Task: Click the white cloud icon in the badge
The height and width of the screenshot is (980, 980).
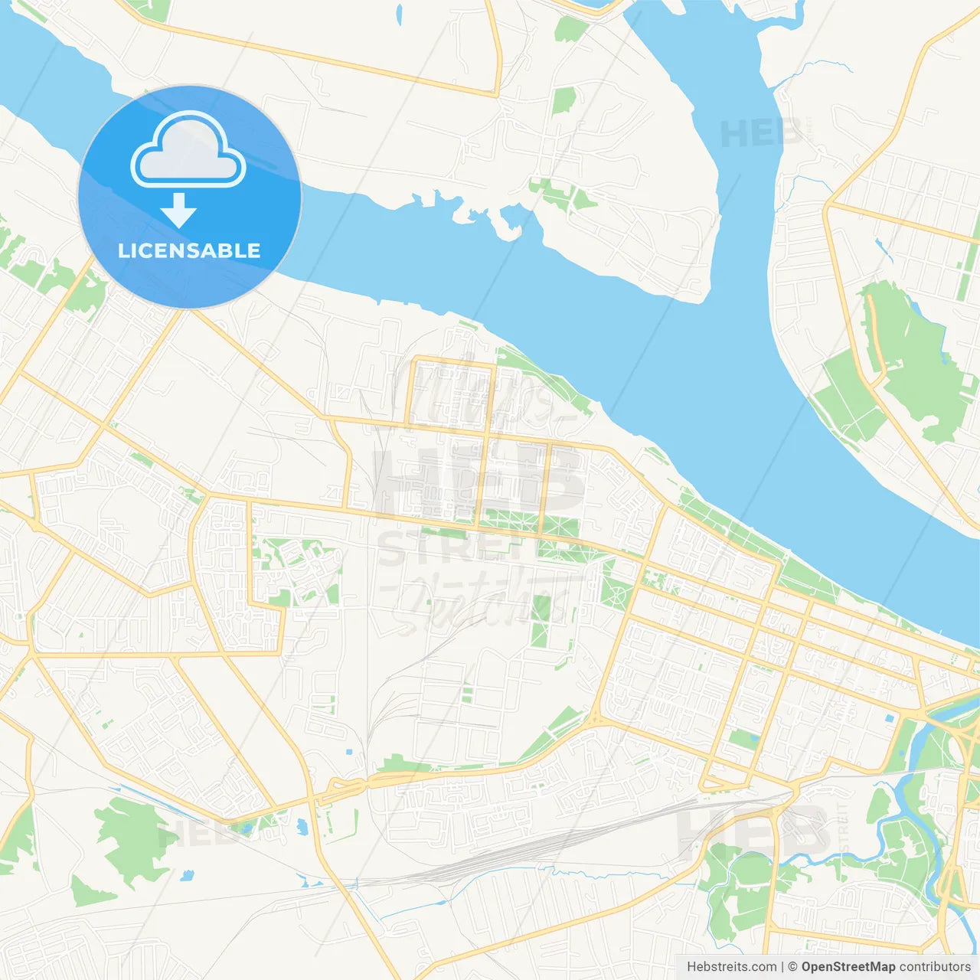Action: (x=188, y=149)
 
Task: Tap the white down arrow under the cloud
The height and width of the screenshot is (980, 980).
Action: (x=178, y=211)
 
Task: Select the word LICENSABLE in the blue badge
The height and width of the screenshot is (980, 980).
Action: (x=189, y=250)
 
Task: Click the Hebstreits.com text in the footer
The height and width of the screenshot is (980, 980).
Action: (x=731, y=967)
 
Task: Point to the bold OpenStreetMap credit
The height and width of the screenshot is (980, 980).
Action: (x=848, y=967)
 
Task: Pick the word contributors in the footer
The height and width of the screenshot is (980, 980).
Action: (x=935, y=967)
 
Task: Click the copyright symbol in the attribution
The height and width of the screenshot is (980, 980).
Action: (x=792, y=967)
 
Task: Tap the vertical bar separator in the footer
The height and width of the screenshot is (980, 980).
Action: (x=782, y=967)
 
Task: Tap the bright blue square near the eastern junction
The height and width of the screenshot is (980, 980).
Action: (x=889, y=719)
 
